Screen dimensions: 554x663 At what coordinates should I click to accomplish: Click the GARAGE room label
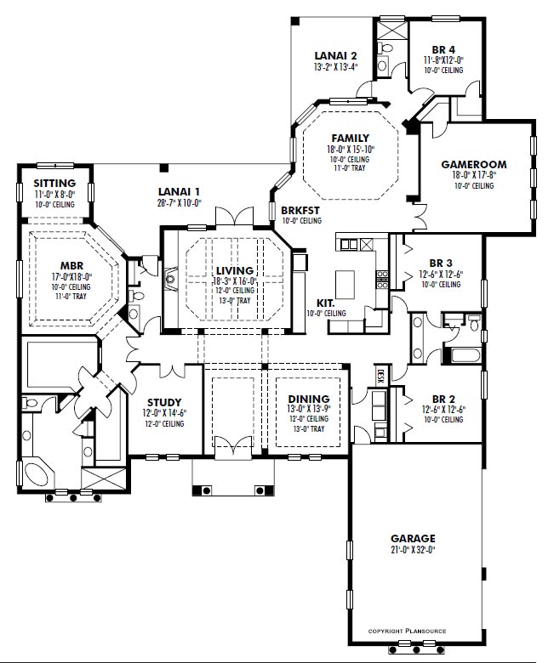click(x=413, y=538)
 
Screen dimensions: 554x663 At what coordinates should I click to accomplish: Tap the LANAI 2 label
click(x=335, y=56)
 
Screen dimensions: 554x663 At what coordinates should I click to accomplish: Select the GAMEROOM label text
click(x=474, y=165)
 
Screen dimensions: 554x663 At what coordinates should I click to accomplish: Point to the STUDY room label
click(x=164, y=402)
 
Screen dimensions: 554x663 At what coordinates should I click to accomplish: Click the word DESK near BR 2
click(x=380, y=375)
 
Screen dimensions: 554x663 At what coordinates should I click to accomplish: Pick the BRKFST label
click(x=300, y=210)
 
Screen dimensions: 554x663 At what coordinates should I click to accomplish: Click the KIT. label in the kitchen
click(x=325, y=303)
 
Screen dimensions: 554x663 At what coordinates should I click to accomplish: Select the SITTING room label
click(x=55, y=183)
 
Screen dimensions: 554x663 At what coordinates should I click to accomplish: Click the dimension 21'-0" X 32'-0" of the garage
click(x=413, y=550)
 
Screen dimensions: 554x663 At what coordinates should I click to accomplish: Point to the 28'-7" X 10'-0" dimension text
click(x=179, y=202)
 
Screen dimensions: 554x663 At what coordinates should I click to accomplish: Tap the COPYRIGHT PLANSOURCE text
click(x=407, y=631)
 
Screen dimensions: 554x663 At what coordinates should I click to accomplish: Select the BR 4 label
click(x=443, y=50)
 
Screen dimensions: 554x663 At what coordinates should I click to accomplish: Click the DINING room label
click(x=309, y=399)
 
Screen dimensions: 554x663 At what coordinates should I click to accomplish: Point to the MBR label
click(x=72, y=266)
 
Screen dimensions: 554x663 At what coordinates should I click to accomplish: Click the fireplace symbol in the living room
click(x=170, y=279)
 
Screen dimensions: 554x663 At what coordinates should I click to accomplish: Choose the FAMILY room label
click(x=351, y=139)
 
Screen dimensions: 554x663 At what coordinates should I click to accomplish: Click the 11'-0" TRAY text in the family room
click(x=350, y=167)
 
